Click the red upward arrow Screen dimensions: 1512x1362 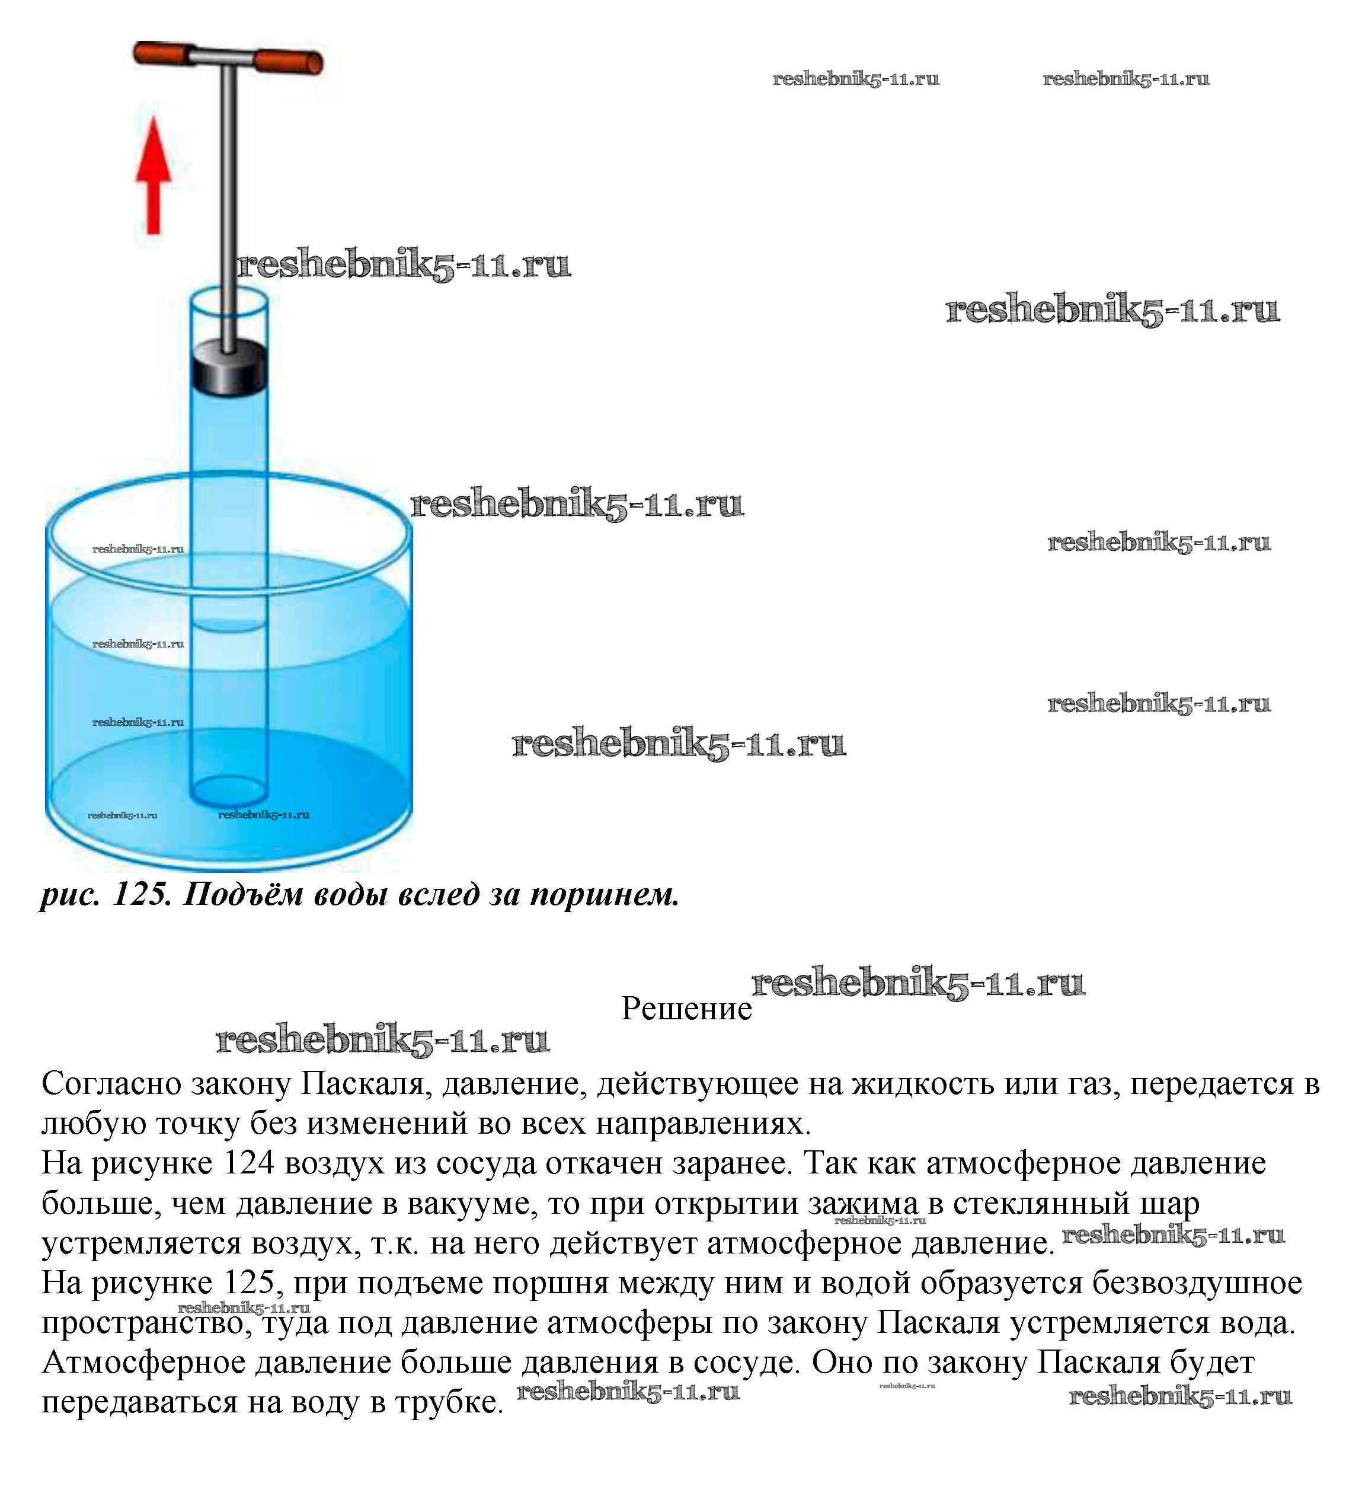click(x=154, y=176)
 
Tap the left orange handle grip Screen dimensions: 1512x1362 click(x=161, y=54)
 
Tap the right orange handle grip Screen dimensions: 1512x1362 click(x=288, y=62)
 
